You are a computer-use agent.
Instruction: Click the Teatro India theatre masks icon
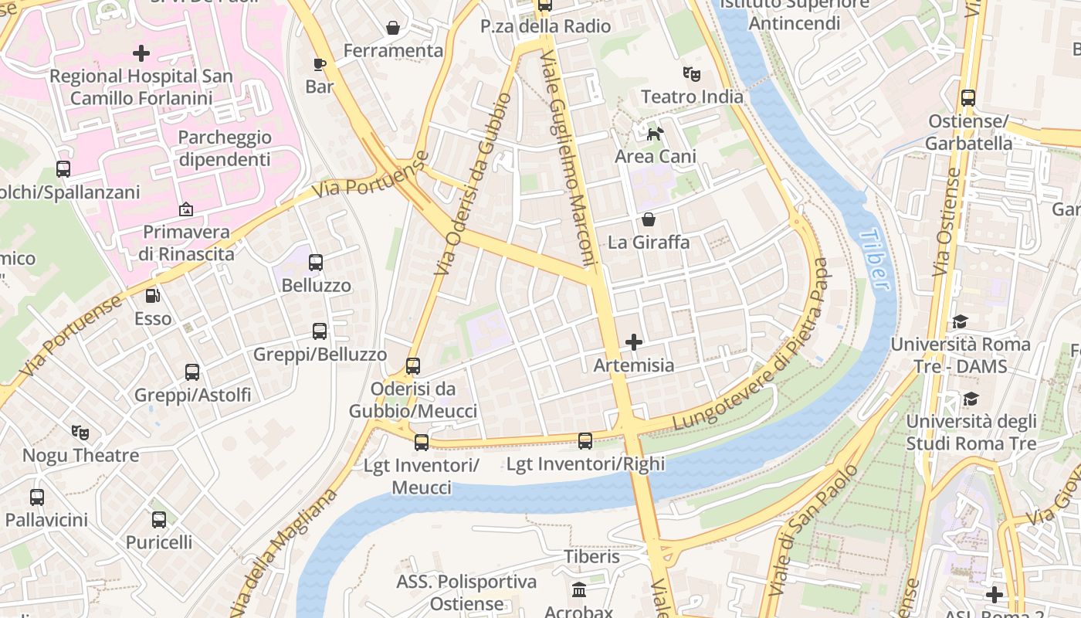point(691,74)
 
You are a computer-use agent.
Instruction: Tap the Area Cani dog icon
point(655,134)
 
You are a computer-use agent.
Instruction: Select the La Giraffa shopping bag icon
point(649,219)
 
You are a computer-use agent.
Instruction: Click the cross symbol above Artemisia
point(634,341)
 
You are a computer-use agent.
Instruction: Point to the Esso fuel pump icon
point(153,295)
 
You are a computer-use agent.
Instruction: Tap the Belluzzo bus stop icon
point(316,263)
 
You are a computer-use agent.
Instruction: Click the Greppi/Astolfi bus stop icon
point(192,372)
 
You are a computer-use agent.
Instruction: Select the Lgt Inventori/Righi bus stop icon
point(585,441)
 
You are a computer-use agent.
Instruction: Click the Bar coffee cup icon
point(320,64)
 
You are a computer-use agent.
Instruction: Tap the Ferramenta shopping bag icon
point(393,29)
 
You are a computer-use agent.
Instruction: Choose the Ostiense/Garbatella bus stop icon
point(968,98)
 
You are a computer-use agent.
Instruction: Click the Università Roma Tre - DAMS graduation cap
point(961,321)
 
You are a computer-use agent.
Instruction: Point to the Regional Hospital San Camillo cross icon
point(141,53)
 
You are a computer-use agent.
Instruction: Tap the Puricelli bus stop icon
point(159,520)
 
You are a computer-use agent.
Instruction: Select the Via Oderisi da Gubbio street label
point(472,185)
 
